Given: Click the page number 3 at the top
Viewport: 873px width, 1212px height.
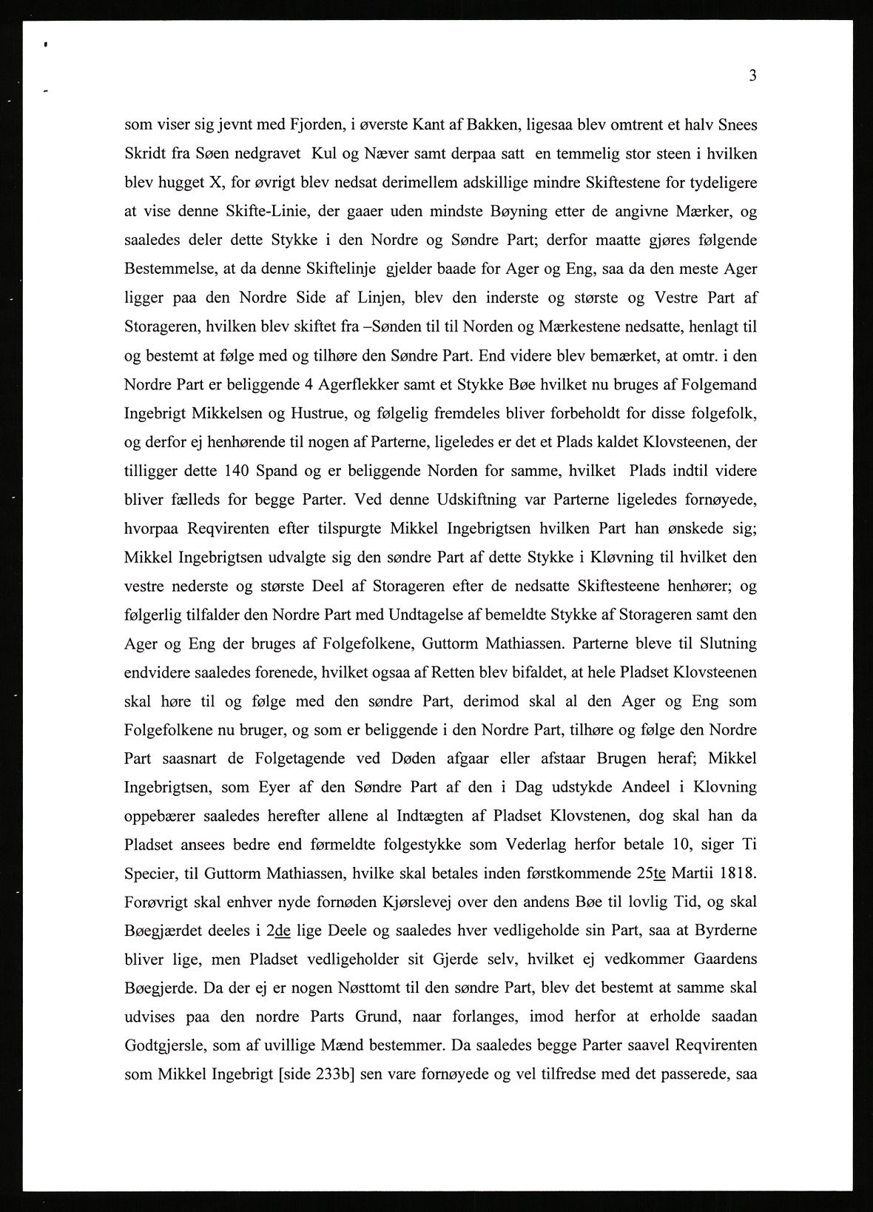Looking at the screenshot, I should click(752, 76).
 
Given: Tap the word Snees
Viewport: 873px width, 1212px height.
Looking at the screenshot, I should click(735, 125).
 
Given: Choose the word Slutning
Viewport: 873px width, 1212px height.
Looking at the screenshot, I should click(728, 643).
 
